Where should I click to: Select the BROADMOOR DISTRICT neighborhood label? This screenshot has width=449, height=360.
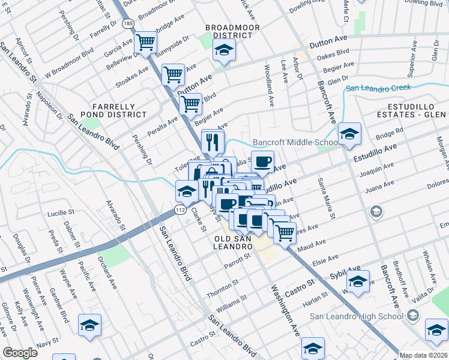pos(229,31)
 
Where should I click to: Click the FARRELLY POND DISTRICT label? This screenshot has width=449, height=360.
pos(118,110)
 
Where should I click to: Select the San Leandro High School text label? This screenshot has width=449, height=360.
pos(357,317)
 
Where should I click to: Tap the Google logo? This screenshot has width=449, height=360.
pos(20,353)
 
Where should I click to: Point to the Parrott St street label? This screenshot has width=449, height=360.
pos(236,260)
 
